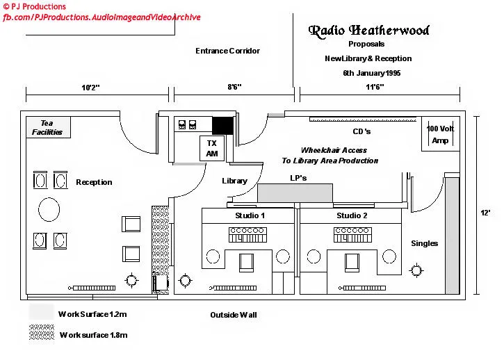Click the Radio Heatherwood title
(368, 31)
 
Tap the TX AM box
(212, 149)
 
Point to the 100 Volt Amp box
(440, 134)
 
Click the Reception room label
(94, 182)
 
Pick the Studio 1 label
(250, 215)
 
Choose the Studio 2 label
(352, 215)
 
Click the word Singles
(424, 243)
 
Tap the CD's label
(362, 131)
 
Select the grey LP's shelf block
(300, 193)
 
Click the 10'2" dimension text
(90, 88)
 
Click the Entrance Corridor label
(227, 51)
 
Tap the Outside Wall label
(234, 315)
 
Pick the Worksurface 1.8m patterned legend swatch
(42, 334)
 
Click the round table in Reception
(49, 209)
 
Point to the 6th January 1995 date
(371, 73)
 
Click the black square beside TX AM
(222, 126)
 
